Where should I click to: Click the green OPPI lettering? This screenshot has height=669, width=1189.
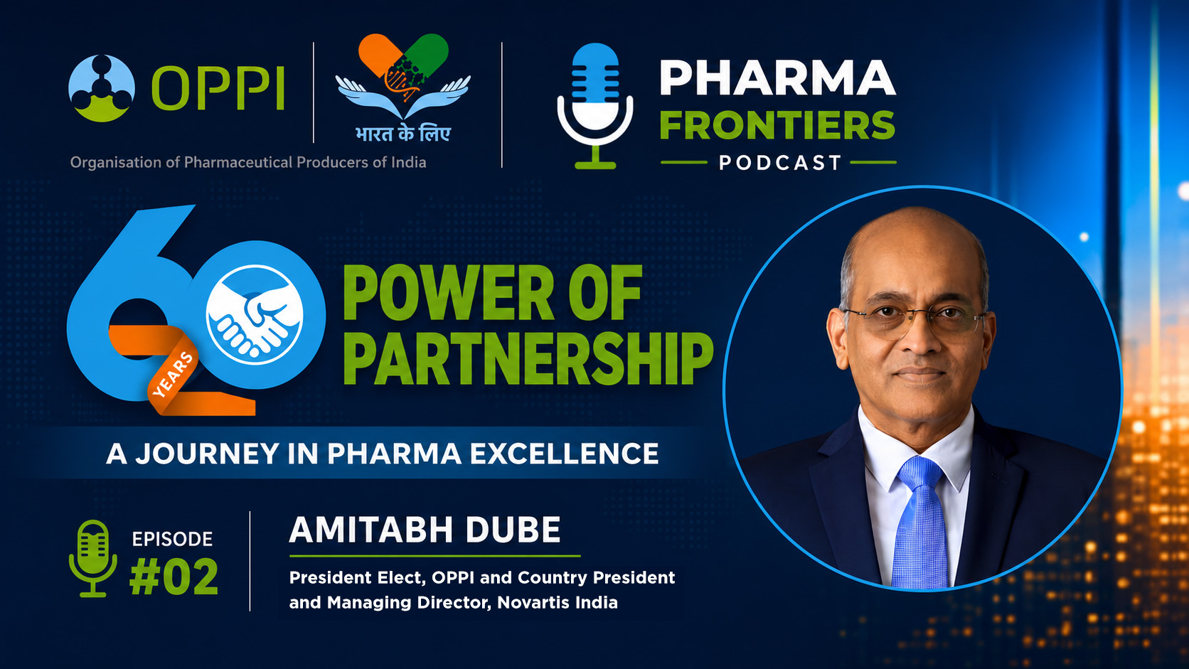click(x=218, y=88)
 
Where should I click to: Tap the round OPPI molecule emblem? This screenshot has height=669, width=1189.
click(x=102, y=88)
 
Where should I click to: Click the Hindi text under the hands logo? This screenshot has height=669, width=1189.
click(x=403, y=133)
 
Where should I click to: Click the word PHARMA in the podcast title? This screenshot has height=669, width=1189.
click(x=778, y=78)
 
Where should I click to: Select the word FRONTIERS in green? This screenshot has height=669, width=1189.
click(x=778, y=125)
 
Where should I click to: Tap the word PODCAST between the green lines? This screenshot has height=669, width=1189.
click(x=780, y=162)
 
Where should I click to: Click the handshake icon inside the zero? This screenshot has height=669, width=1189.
click(x=255, y=315)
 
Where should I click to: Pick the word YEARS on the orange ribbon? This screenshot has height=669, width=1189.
click(x=173, y=375)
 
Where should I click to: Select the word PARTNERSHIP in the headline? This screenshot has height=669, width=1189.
click(x=529, y=358)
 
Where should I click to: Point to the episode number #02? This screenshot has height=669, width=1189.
click(x=174, y=576)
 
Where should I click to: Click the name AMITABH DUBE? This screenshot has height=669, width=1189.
click(x=425, y=530)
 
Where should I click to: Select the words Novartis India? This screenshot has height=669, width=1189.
click(x=558, y=603)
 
